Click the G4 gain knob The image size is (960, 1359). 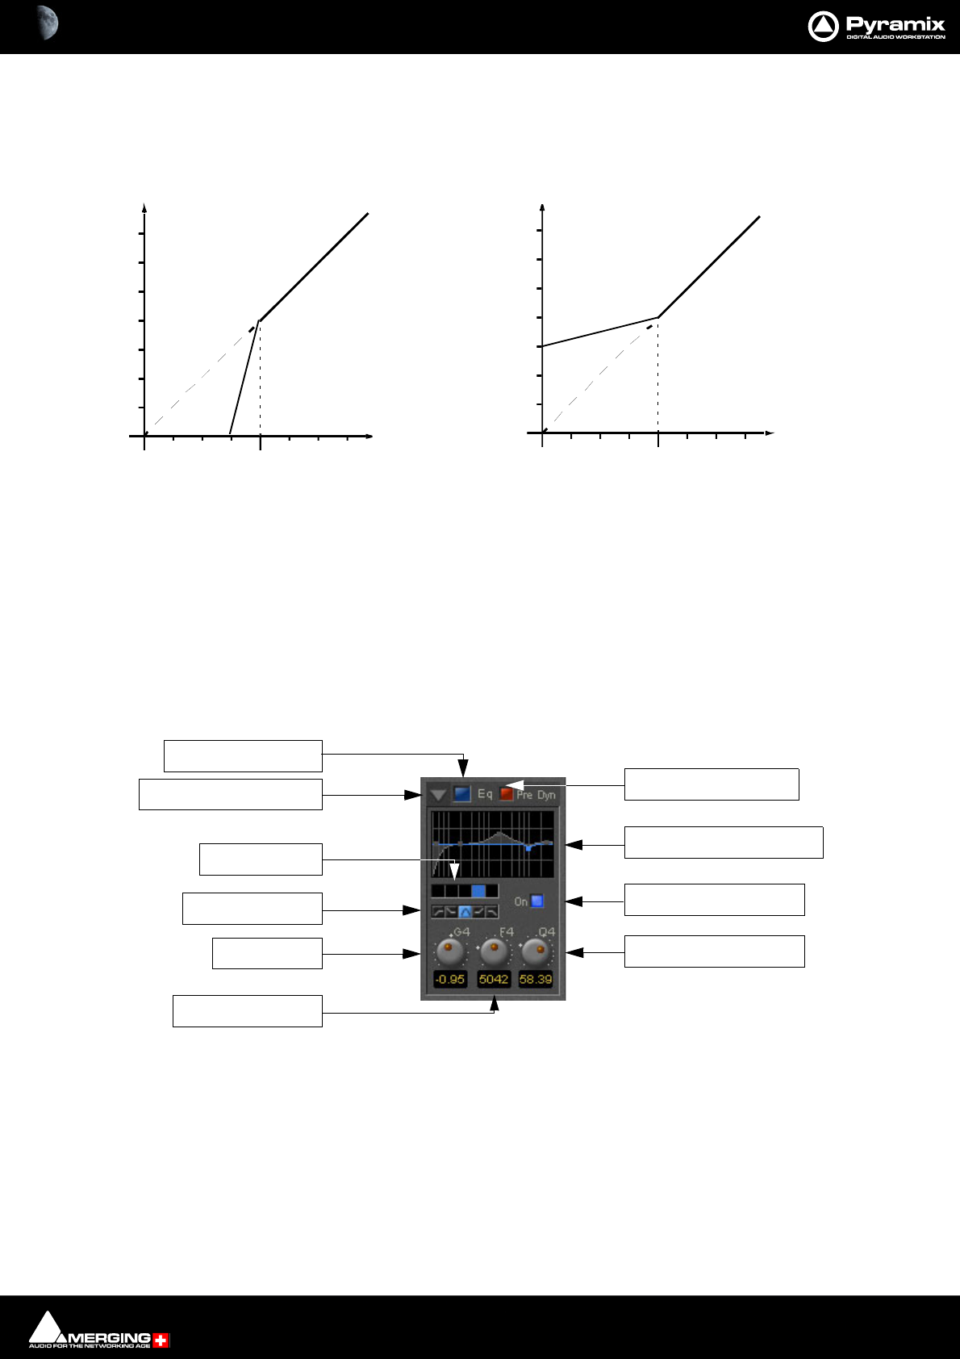click(450, 952)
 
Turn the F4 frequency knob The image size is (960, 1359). click(493, 952)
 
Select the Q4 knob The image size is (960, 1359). click(536, 952)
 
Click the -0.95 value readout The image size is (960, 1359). click(450, 979)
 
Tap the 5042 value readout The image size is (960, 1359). click(494, 979)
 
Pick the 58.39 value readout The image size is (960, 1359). click(536, 979)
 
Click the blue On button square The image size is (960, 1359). click(537, 901)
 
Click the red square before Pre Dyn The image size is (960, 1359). click(506, 794)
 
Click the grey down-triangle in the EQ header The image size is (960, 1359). click(438, 795)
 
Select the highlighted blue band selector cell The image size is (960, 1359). click(478, 891)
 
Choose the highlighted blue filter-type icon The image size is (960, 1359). click(465, 912)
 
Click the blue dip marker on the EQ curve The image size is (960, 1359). click(528, 848)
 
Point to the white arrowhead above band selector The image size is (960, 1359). click(455, 872)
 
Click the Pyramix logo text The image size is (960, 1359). click(895, 24)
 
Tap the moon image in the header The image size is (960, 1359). click(48, 23)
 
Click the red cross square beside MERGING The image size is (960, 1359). click(161, 1340)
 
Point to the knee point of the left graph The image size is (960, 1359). click(259, 320)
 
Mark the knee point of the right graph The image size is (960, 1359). click(658, 317)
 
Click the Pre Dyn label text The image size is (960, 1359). click(536, 795)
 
